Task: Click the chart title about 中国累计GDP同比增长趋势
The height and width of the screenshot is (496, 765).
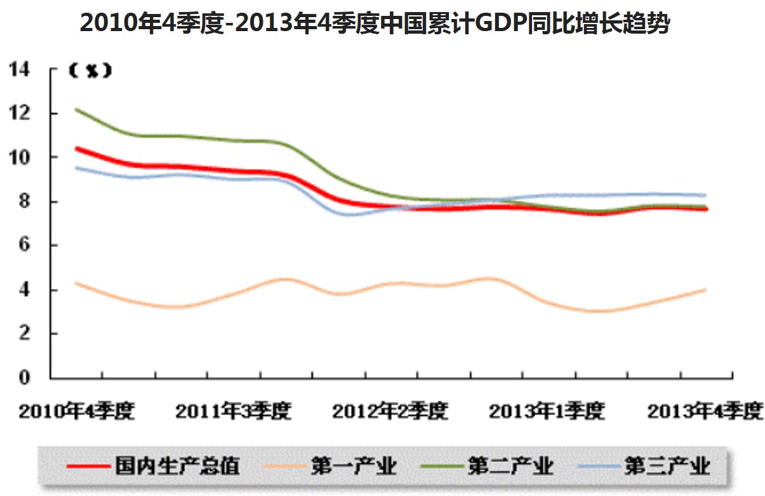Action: click(375, 23)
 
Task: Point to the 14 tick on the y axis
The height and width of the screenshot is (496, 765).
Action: click(19, 69)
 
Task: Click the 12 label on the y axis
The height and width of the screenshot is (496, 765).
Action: click(19, 114)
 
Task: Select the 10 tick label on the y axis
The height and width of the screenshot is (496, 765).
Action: click(19, 158)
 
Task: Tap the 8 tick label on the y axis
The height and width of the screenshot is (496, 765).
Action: click(25, 202)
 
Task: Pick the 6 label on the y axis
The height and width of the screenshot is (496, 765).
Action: click(25, 246)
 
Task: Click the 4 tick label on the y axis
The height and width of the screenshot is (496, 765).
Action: click(25, 290)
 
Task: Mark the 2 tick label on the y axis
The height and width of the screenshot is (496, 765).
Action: click(25, 334)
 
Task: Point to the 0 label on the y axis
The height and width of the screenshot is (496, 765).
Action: click(25, 379)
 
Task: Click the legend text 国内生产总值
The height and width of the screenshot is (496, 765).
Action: click(178, 466)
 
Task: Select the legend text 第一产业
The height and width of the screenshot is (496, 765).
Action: click(354, 466)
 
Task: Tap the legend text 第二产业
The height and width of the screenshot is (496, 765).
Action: click(510, 466)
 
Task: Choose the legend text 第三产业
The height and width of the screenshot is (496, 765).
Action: click(667, 466)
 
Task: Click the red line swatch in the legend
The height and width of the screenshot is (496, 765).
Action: click(89, 467)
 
